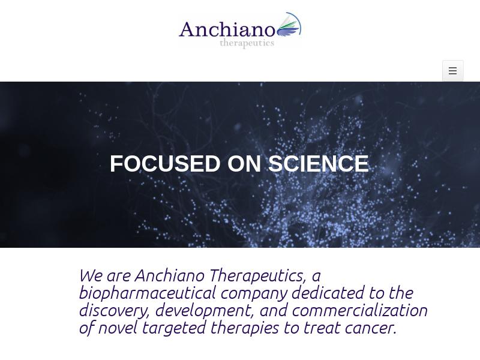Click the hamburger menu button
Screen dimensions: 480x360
(453, 71)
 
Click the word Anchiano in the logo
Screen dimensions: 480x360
(227, 29)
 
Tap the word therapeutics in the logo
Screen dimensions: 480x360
(247, 43)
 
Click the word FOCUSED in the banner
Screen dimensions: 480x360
(165, 163)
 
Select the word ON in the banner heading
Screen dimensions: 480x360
(244, 163)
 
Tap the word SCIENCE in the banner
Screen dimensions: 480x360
(319, 163)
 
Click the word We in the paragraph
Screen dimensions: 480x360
(91, 275)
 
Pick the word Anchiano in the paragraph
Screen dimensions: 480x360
(170, 275)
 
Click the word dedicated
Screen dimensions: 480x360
(328, 293)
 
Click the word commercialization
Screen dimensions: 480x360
(360, 310)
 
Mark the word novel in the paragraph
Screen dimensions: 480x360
(118, 328)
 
